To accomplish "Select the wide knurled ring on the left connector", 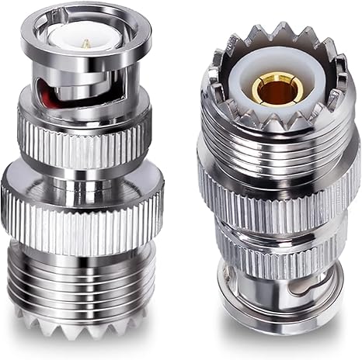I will pyautogui.click(x=82, y=209).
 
